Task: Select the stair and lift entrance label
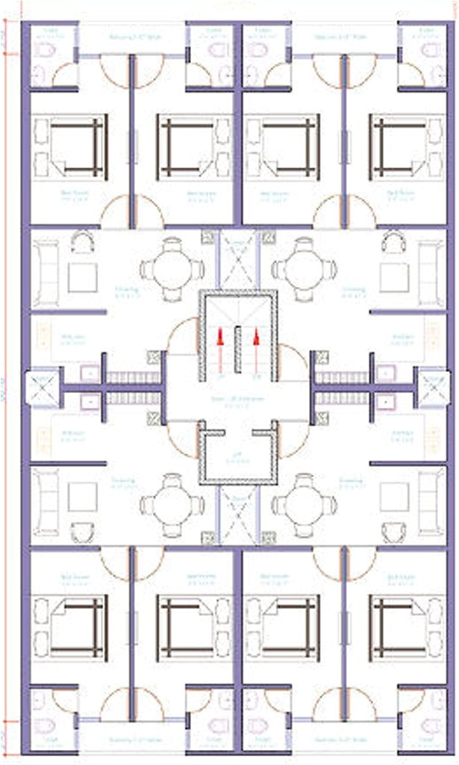tap(237, 403)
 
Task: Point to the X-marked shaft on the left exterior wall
tap(37, 388)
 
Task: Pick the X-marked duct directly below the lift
tap(238, 516)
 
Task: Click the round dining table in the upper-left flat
tap(172, 269)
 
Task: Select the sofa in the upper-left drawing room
tap(45, 273)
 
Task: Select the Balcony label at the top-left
tap(131, 36)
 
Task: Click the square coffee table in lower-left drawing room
tap(82, 497)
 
